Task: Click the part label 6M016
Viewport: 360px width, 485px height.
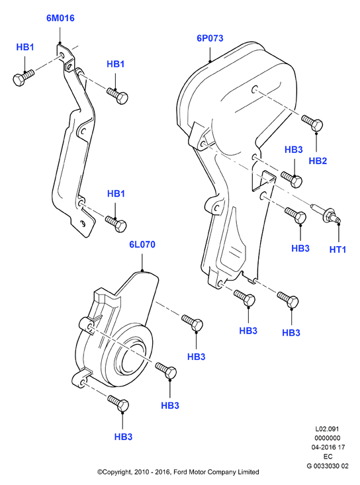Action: (x=60, y=19)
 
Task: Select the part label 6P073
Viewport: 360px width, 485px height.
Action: (x=210, y=38)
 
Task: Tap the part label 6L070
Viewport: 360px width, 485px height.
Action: (x=142, y=245)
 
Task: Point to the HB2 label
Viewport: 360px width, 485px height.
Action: (x=318, y=161)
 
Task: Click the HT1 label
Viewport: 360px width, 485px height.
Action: (x=337, y=249)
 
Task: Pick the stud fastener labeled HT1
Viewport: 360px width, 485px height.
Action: (x=327, y=214)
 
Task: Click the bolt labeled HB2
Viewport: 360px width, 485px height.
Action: (x=312, y=123)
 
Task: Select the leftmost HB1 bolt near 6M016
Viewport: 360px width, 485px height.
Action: (x=23, y=77)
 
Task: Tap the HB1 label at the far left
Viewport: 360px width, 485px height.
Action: (x=25, y=48)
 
